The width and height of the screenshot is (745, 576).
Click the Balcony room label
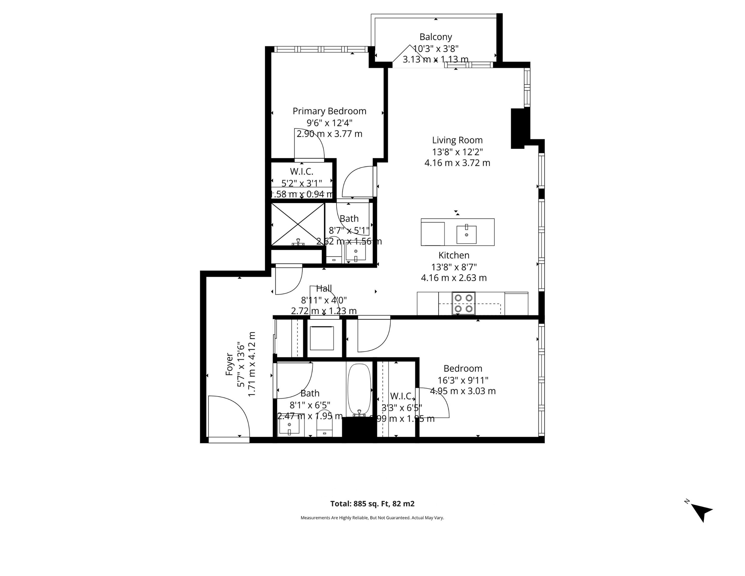click(x=436, y=37)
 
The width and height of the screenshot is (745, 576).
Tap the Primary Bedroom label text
click(x=329, y=111)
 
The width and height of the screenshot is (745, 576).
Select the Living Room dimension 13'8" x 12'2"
click(x=457, y=151)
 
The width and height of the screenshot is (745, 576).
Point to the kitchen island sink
click(x=466, y=234)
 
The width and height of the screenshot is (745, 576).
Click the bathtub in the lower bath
click(x=359, y=390)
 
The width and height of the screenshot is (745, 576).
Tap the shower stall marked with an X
click(x=298, y=224)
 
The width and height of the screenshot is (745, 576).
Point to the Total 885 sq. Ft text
click(x=372, y=504)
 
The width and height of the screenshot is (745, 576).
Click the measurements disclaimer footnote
click(x=372, y=518)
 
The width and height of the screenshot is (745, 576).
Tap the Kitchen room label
click(x=454, y=255)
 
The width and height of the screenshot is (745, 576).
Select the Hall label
click(x=324, y=289)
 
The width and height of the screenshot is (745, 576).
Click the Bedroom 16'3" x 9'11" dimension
click(x=463, y=380)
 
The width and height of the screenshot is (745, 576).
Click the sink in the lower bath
click(x=289, y=426)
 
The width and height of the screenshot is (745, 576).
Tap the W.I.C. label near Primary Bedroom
click(x=302, y=171)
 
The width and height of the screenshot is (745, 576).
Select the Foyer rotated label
click(x=229, y=364)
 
